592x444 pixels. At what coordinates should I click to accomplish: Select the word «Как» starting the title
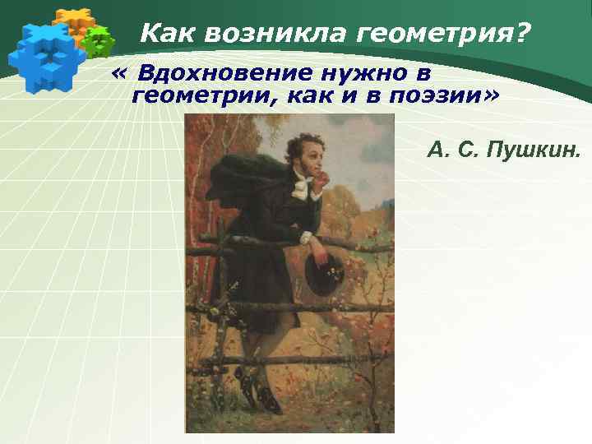(169, 34)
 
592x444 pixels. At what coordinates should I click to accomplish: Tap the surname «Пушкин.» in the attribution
(534, 150)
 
